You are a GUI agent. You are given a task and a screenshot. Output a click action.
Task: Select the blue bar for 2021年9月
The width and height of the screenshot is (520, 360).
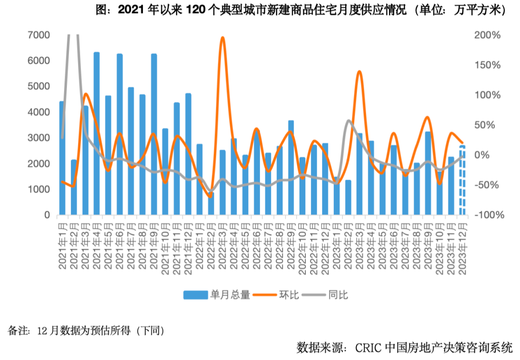[x=154, y=134]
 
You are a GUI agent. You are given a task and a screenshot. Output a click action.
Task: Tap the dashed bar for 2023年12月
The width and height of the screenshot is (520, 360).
[x=462, y=180]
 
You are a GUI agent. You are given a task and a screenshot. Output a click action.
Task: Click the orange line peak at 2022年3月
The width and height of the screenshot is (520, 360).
[x=222, y=38]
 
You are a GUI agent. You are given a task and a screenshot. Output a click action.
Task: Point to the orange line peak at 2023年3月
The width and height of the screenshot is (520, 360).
[x=359, y=71]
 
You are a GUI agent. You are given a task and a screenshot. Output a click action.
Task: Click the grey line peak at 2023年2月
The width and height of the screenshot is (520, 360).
[x=349, y=120]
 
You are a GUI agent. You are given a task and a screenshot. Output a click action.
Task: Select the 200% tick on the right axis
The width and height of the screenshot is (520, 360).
[x=489, y=35]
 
